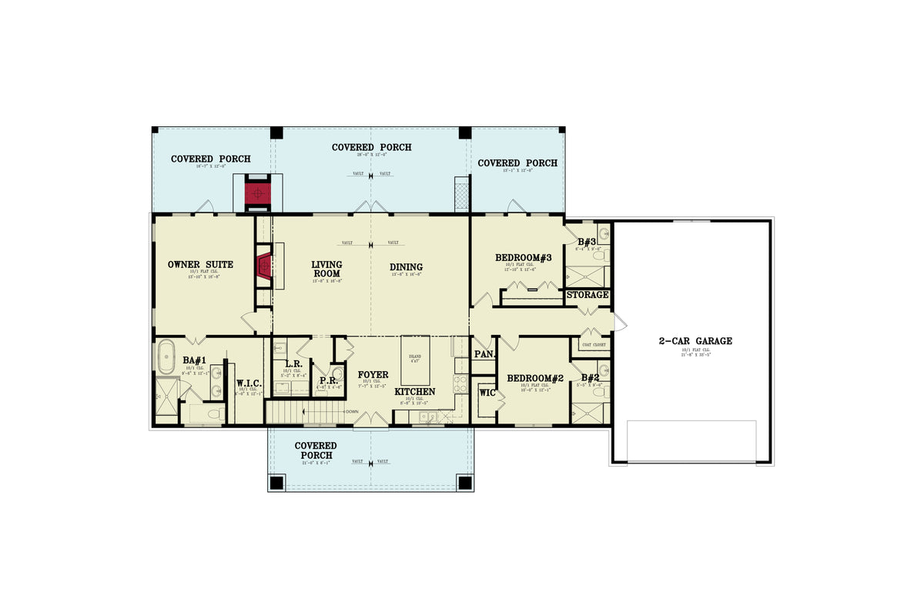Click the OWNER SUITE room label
click(x=200, y=265)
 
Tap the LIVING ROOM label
click(x=326, y=269)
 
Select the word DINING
click(x=406, y=267)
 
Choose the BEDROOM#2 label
click(x=535, y=378)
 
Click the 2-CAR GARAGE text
click(x=695, y=341)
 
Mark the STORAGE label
click(x=588, y=295)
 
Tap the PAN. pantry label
click(x=484, y=354)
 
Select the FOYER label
click(x=373, y=375)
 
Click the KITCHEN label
click(x=415, y=392)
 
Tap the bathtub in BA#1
click(x=166, y=359)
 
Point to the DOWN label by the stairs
click(x=351, y=412)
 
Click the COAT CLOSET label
click(x=593, y=345)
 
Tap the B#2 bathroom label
click(x=591, y=378)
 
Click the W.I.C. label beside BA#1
click(x=248, y=383)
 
